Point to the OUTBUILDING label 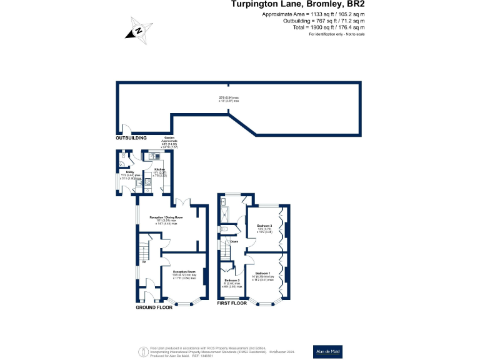pos(131,137)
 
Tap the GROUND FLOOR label pos(154,307)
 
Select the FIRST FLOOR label pos(231,304)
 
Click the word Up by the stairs pos(145,262)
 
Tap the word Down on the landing pos(234,241)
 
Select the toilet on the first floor pos(224,229)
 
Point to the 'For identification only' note pos(336,34)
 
